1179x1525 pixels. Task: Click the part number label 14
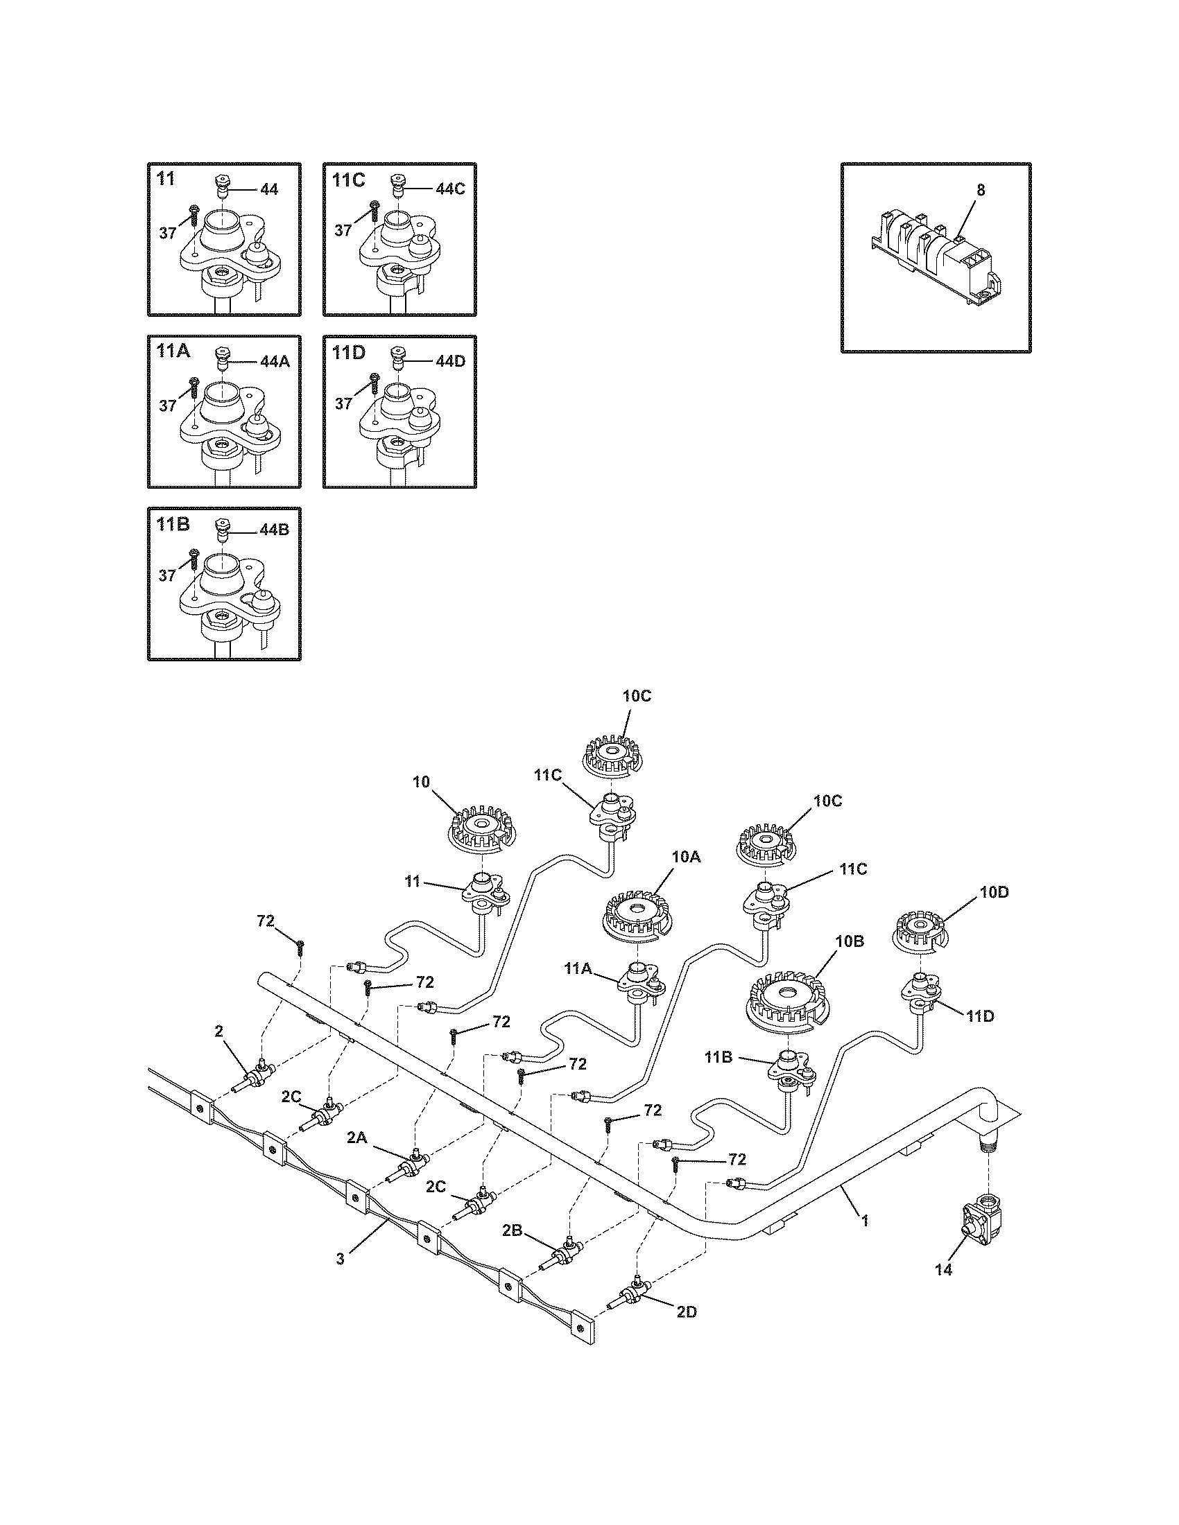point(943,1270)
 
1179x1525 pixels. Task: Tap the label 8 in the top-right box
point(981,190)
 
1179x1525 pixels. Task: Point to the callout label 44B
point(274,530)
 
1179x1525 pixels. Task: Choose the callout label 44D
point(450,362)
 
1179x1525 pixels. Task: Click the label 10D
point(994,892)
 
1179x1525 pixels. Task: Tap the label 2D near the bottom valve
point(686,1312)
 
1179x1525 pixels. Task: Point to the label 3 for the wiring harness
point(340,1259)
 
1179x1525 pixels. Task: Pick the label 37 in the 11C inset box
point(342,230)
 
